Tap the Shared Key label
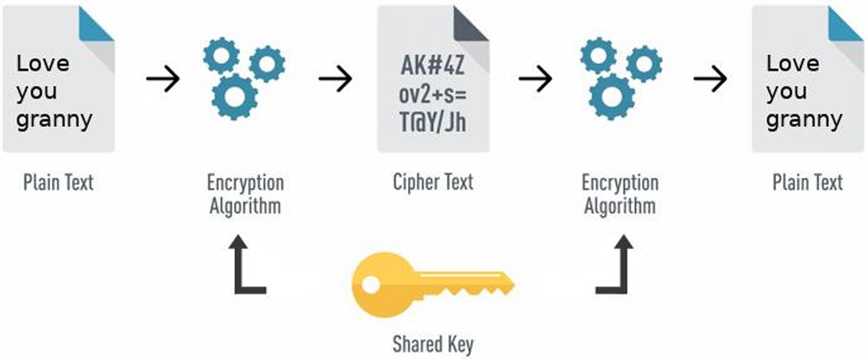click(x=433, y=345)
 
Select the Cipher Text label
click(x=433, y=182)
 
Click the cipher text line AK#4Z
click(x=433, y=68)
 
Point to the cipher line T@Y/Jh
click(x=433, y=122)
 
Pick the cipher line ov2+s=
click(x=433, y=95)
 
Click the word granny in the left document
click(x=54, y=121)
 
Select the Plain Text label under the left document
click(x=59, y=182)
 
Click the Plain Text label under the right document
click(x=807, y=182)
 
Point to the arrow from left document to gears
click(x=163, y=80)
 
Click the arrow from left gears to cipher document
click(x=335, y=80)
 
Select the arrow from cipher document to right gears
click(x=535, y=80)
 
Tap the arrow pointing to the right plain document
click(x=711, y=80)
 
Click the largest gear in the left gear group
click(x=234, y=98)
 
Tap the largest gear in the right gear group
click(x=611, y=98)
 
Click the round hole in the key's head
click(x=370, y=284)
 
